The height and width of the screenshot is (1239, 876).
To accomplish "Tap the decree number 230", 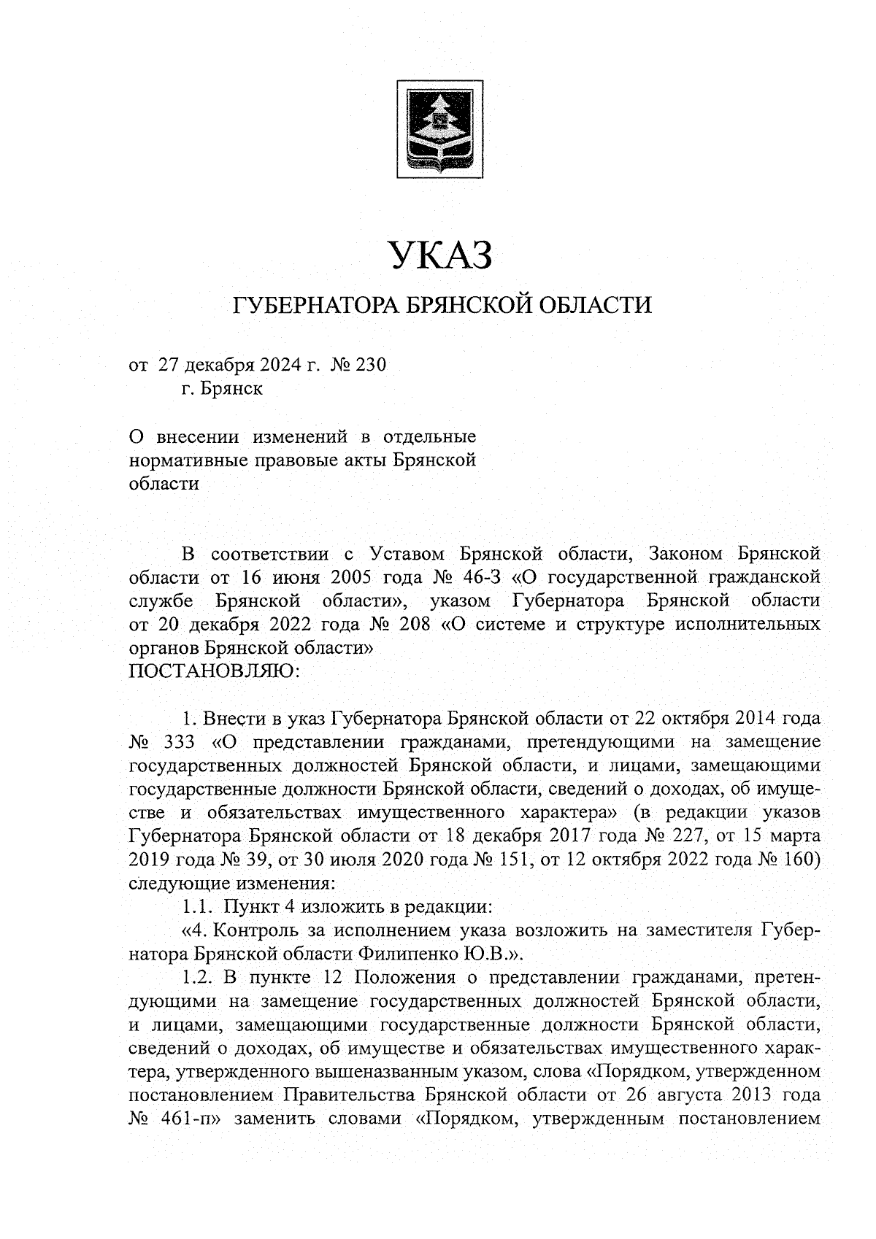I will click(369, 364).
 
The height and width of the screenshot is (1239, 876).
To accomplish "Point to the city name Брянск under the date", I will click(232, 388).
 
